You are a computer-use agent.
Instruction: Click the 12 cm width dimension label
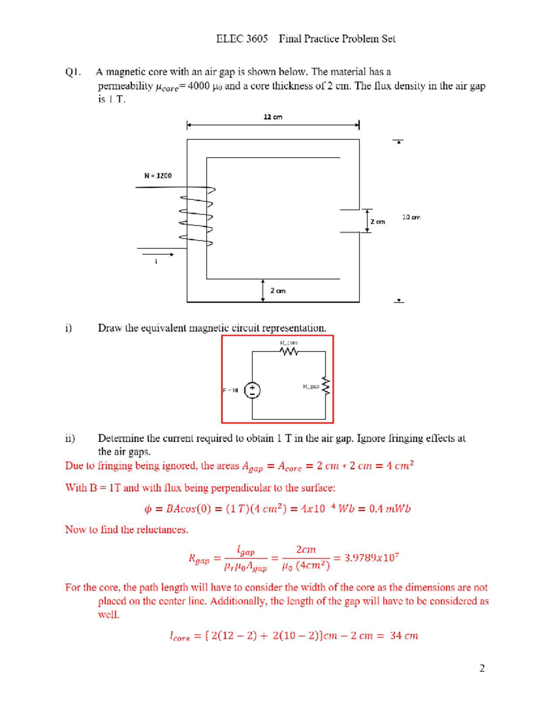click(273, 117)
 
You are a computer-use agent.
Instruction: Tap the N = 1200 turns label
click(158, 176)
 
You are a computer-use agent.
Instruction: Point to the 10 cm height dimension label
click(411, 217)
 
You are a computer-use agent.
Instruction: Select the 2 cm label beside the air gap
click(377, 221)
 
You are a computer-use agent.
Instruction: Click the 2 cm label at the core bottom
click(277, 291)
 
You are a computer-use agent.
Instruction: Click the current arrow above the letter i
click(158, 254)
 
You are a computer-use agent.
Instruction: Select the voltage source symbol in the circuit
click(252, 390)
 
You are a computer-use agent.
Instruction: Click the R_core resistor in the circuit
click(289, 352)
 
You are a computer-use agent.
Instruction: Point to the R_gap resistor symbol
click(326, 386)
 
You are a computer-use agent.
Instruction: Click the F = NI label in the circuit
click(230, 390)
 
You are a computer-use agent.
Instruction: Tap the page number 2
click(482, 668)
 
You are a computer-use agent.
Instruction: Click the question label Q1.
click(73, 72)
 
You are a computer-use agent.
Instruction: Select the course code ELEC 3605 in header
click(241, 39)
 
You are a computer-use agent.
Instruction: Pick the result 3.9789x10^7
click(372, 558)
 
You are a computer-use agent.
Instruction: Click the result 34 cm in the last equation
click(404, 636)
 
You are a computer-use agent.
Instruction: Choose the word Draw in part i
click(109, 328)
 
